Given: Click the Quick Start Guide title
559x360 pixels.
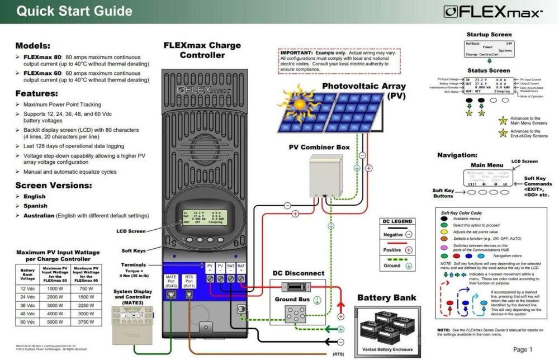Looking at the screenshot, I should (75, 11).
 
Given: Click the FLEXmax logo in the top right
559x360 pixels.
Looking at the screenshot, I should (492, 12).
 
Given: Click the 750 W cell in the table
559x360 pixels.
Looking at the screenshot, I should (87, 288).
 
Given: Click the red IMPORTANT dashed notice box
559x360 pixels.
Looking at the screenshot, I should (340, 61).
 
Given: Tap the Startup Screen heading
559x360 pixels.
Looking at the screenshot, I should (489, 35).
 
